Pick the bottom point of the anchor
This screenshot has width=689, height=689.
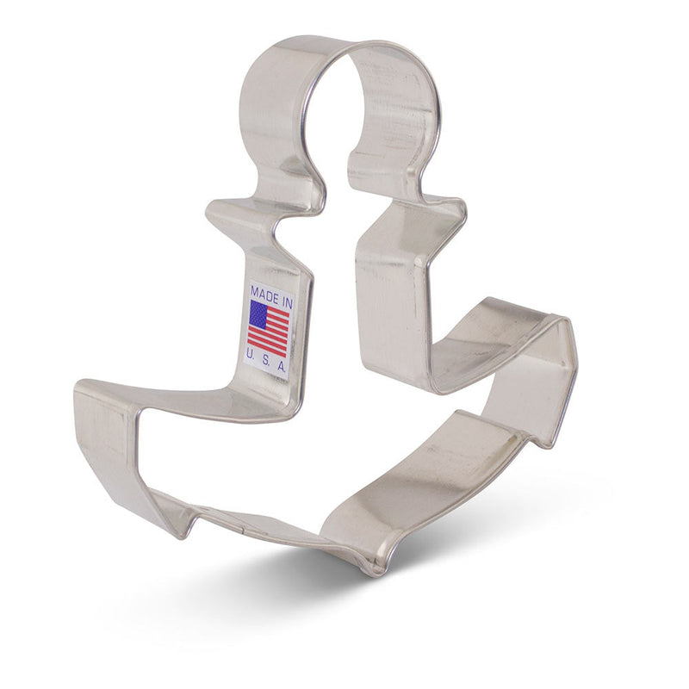click(x=375, y=568)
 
